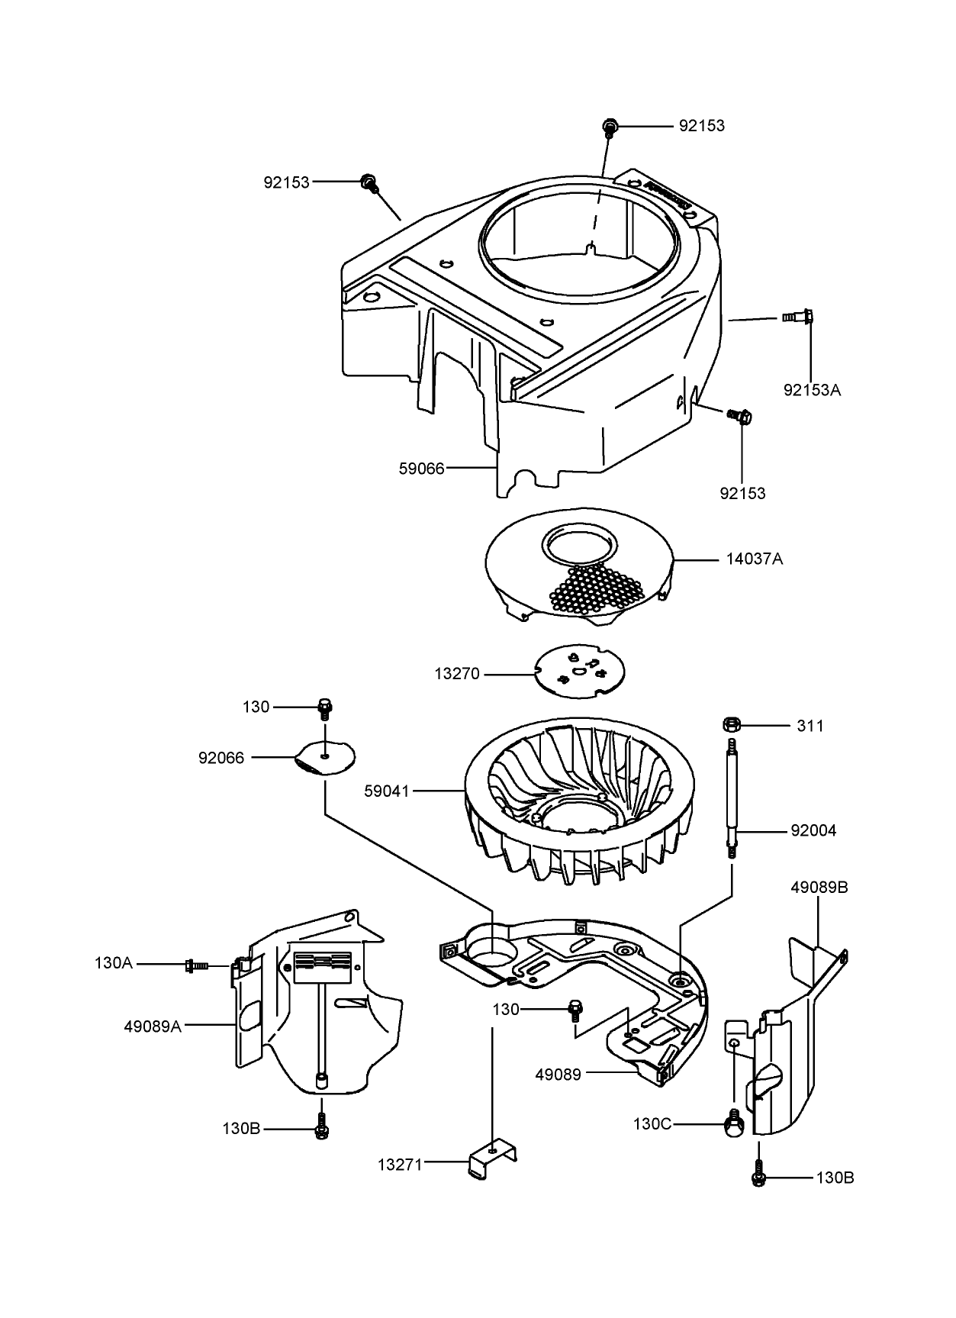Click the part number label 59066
coord(421,468)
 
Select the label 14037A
coord(754,559)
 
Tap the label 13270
coord(457,674)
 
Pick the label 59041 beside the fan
coord(387,791)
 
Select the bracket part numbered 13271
coord(492,1165)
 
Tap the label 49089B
coord(819,888)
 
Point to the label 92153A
coord(812,390)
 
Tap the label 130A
coord(114,963)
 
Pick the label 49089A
coord(153,1026)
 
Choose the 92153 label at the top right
coord(702,126)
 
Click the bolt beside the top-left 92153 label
coord(369,182)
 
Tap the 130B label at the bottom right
coord(835,1178)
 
